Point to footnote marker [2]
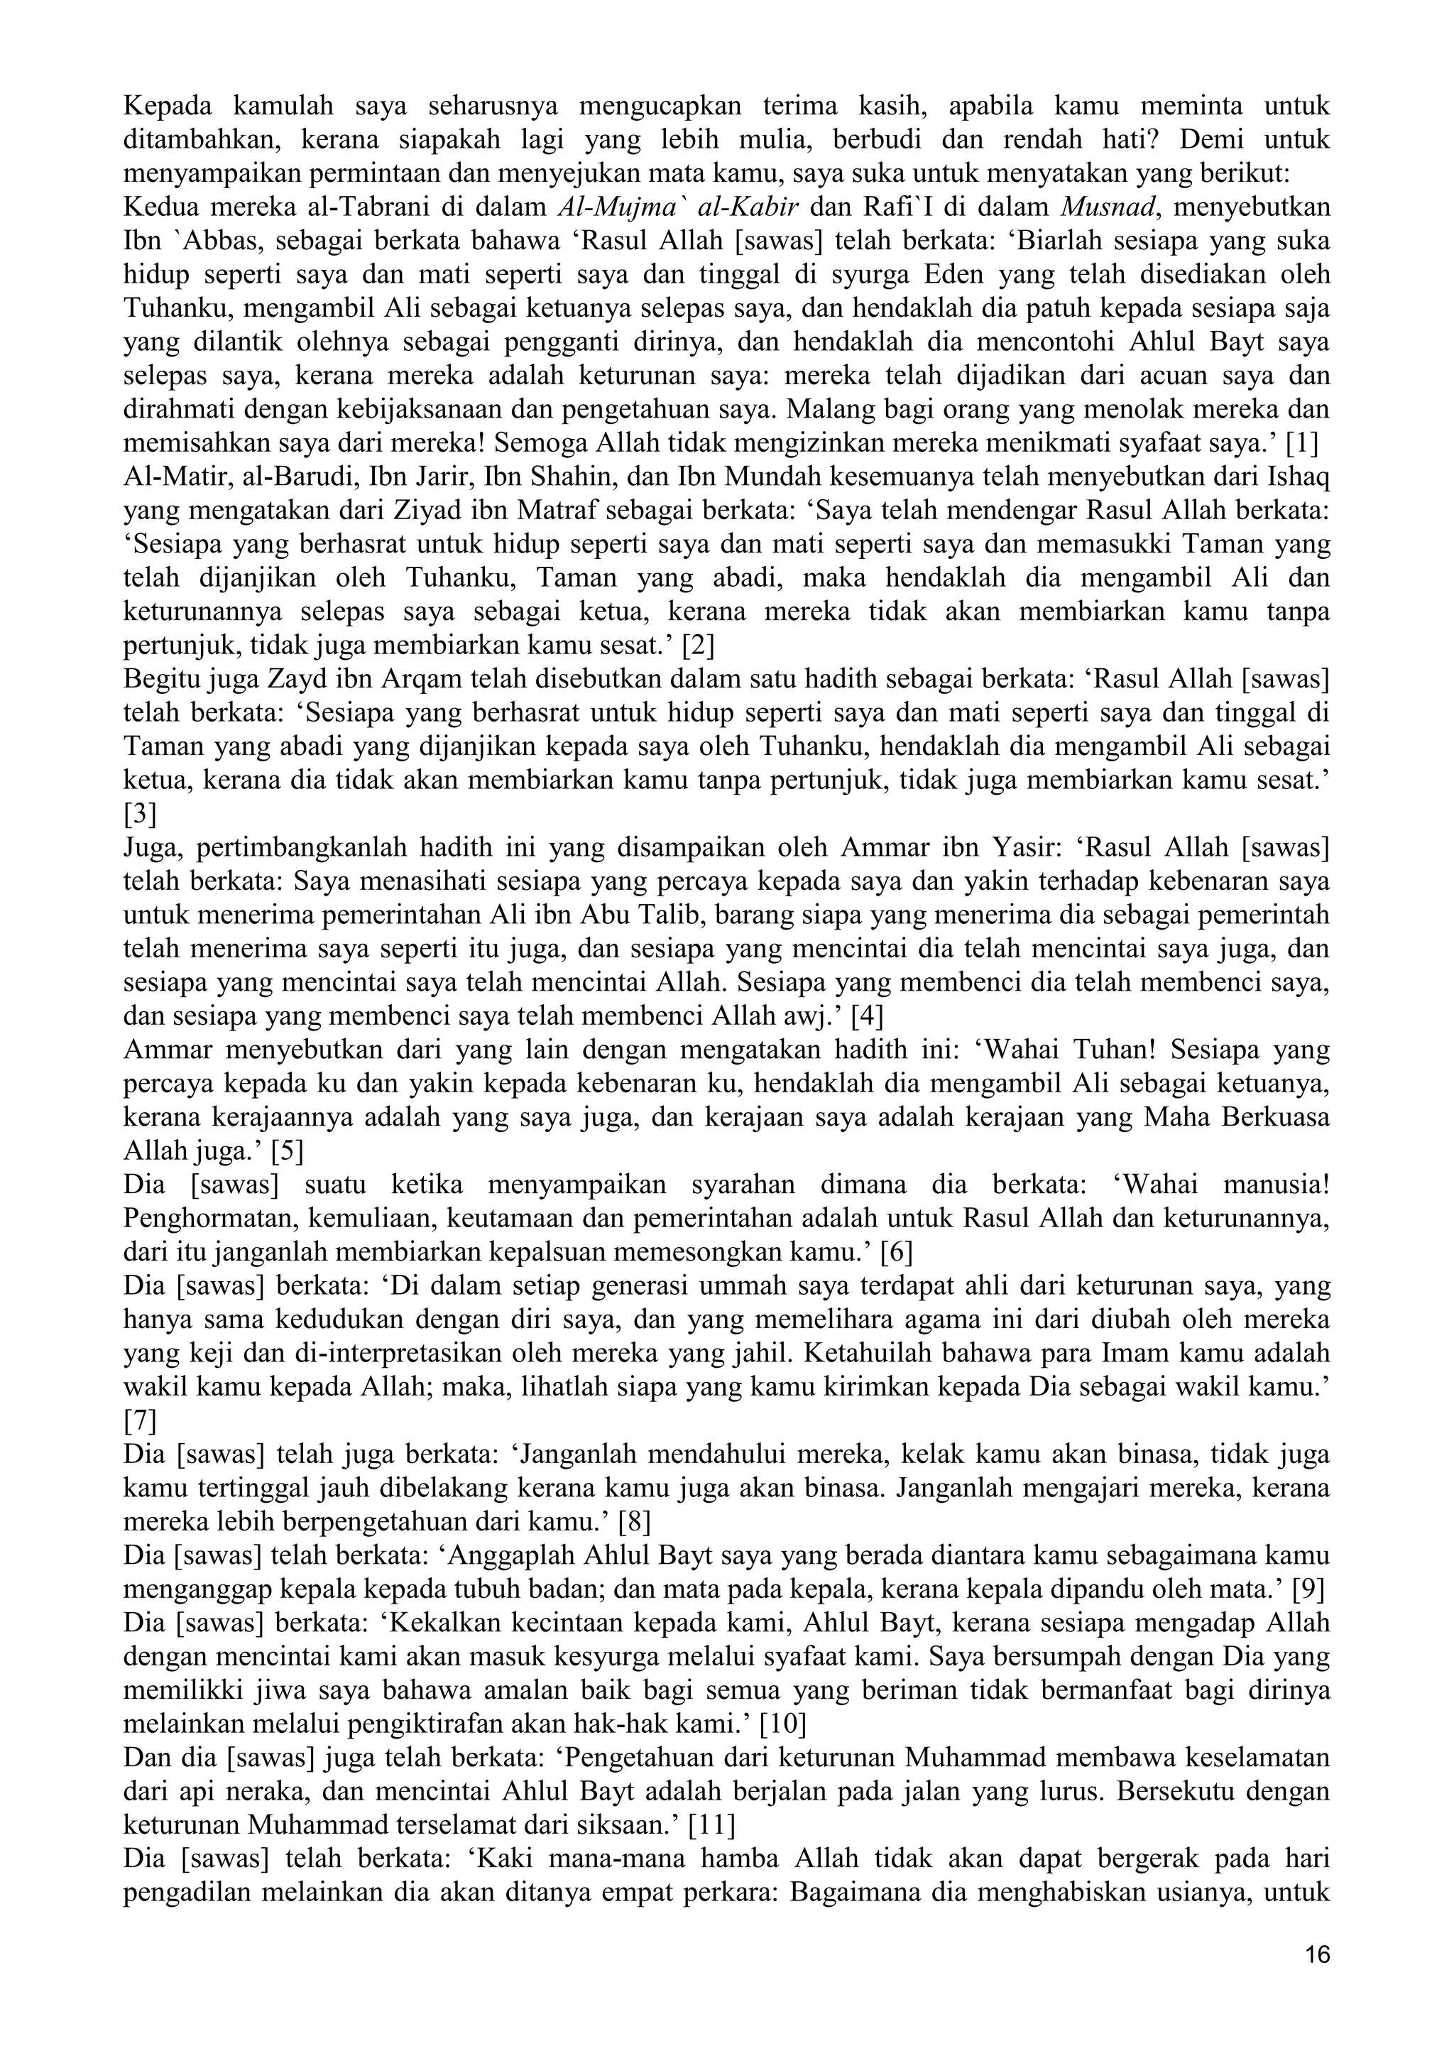point(697,646)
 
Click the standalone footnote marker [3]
point(140,814)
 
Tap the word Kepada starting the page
point(167,107)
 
